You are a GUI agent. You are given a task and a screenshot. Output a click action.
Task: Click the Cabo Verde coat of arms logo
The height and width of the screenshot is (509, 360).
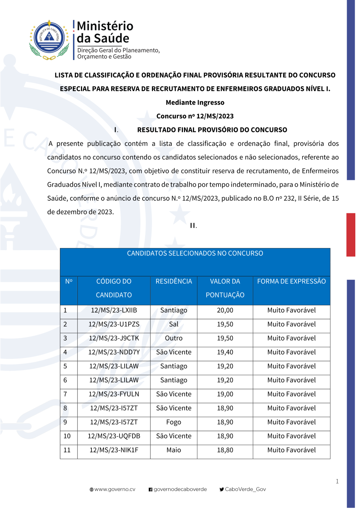click(x=49, y=40)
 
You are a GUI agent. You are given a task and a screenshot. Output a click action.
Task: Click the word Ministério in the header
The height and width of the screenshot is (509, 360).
click(x=105, y=26)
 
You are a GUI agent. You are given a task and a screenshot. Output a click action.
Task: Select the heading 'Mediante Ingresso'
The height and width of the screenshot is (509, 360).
click(x=195, y=103)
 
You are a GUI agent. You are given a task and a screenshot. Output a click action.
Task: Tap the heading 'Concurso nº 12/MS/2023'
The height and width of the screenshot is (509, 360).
click(x=195, y=116)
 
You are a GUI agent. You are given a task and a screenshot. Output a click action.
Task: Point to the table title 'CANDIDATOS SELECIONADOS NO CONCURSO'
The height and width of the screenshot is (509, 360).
click(x=195, y=254)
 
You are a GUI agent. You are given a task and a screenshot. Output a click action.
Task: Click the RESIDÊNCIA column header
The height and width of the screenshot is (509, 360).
click(x=174, y=282)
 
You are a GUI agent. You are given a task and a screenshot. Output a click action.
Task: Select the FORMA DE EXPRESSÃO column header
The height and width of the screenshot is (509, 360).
click(x=291, y=282)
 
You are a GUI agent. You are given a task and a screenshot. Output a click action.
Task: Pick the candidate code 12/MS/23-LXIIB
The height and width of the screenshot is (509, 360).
click(x=114, y=310)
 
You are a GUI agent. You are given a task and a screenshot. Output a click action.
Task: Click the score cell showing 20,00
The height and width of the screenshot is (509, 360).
click(x=225, y=310)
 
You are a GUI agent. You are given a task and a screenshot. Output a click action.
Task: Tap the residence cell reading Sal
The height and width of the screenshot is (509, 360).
click(x=174, y=324)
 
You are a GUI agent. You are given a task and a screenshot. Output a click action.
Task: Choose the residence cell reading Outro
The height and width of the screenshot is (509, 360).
click(x=174, y=338)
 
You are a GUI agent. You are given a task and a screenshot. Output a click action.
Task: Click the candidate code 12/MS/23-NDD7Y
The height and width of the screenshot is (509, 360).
click(x=114, y=353)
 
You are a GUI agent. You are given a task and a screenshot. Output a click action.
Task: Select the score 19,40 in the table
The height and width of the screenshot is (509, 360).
click(x=225, y=353)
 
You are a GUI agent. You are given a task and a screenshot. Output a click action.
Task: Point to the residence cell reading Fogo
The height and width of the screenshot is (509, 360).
click(x=174, y=422)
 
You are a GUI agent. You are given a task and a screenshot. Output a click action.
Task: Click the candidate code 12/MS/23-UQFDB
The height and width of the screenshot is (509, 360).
click(x=114, y=436)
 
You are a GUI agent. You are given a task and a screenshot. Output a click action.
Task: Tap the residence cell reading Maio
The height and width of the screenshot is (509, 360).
click(x=174, y=450)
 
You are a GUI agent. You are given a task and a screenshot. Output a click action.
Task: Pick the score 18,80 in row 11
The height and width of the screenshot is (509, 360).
click(x=225, y=450)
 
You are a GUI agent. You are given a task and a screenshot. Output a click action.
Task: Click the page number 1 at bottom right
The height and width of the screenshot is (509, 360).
click(x=337, y=481)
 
